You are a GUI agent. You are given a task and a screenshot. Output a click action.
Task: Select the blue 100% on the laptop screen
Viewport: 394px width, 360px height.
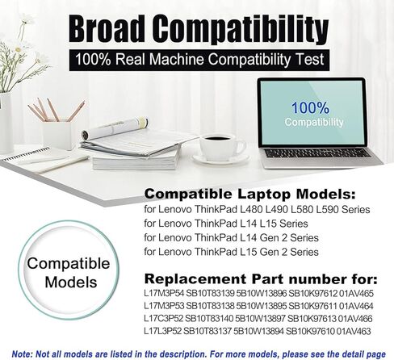310,108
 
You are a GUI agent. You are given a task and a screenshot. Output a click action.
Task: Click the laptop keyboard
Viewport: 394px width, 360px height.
317,153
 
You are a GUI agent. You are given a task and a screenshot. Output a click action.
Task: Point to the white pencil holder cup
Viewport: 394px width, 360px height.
57,136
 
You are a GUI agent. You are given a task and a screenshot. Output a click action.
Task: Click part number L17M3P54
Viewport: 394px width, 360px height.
164,293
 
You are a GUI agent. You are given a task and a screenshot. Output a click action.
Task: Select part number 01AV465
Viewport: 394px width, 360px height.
356,293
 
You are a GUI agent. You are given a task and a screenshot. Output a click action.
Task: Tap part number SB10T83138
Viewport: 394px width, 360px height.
210,306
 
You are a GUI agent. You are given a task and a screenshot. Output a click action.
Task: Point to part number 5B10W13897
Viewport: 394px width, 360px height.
260,319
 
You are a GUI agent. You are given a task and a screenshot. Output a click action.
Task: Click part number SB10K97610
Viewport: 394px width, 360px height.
310,331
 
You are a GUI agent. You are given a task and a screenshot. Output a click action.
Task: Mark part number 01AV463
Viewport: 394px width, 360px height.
354,331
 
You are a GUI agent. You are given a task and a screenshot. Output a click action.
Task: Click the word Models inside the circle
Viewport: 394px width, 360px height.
71,283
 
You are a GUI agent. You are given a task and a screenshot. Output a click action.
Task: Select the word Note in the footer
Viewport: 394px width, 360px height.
22,354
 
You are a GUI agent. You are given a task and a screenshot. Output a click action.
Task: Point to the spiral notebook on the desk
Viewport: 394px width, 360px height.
40,159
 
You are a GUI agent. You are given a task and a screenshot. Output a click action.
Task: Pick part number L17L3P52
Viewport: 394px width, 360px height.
163,331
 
